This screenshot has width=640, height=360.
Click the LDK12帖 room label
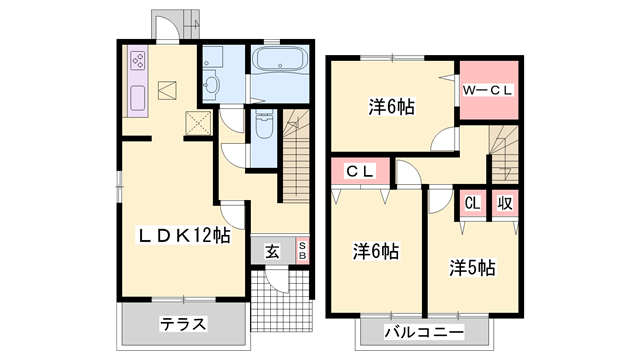click(x=184, y=236)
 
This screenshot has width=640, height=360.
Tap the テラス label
click(x=182, y=323)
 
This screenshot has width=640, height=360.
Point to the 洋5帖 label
click(x=471, y=267)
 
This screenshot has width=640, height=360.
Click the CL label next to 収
click(x=472, y=203)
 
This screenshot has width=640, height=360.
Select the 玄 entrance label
click(x=272, y=251)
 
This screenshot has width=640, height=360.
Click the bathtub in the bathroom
click(x=281, y=60)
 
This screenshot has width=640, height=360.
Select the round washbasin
click(x=212, y=85)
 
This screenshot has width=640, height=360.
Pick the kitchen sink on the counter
click(x=136, y=98)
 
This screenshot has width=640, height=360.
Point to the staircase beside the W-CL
click(x=502, y=151)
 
